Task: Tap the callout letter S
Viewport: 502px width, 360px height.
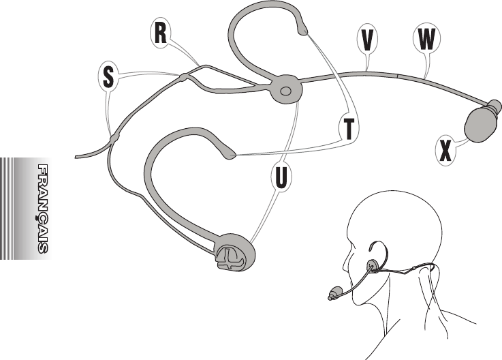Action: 108,76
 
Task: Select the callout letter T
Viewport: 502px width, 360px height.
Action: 349,128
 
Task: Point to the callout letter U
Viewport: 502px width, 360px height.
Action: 281,176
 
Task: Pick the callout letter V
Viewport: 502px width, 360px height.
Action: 367,40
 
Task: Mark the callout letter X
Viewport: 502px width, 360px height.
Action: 445,149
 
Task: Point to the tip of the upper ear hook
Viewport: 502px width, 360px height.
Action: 302,29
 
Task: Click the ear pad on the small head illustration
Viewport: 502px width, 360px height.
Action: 372,266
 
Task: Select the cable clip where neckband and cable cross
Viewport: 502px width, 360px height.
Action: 112,138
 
